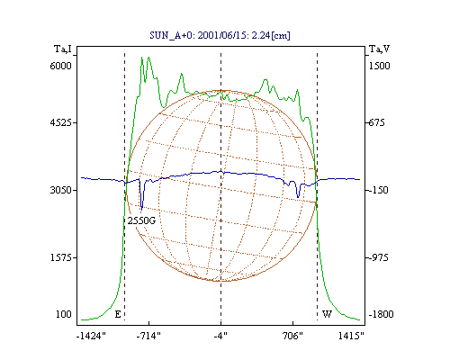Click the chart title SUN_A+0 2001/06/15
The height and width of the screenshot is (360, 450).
click(220, 35)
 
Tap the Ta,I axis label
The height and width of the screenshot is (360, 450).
click(63, 49)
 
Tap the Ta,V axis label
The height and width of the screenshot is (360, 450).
click(379, 49)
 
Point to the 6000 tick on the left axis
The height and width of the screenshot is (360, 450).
click(60, 66)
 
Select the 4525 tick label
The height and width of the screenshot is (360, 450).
click(60, 122)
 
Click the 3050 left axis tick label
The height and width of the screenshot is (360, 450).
click(60, 190)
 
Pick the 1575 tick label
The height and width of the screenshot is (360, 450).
click(60, 257)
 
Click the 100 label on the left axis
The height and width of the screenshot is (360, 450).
click(64, 314)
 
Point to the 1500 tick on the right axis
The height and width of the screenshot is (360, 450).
click(379, 66)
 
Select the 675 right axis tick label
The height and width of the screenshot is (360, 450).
click(376, 122)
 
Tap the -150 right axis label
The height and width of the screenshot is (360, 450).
click(378, 190)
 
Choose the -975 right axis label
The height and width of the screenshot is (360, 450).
click(378, 257)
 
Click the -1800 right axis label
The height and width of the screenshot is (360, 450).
click(381, 314)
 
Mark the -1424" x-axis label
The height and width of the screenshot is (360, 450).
click(91, 336)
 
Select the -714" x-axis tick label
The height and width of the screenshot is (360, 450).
click(148, 336)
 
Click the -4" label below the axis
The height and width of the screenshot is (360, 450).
click(220, 336)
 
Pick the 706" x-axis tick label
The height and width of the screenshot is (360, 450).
click(292, 336)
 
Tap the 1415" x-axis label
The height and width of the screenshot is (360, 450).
click(351, 336)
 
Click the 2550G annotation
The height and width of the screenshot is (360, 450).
click(141, 220)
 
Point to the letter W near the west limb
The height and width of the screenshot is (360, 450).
click(327, 314)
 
